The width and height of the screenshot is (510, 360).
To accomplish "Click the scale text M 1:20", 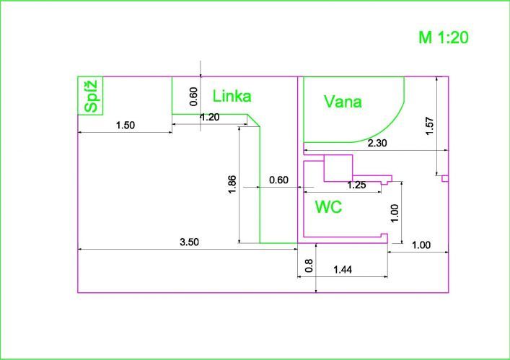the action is (444, 38).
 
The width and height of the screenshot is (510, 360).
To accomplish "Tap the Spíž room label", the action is (91, 96).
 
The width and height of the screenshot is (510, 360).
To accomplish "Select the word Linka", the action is (232, 96).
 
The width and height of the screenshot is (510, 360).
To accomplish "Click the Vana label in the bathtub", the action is (343, 102).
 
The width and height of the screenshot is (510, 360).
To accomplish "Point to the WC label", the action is (328, 207).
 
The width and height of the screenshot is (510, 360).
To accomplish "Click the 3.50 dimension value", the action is (189, 242).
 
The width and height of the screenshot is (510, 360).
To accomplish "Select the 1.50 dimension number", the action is (126, 126).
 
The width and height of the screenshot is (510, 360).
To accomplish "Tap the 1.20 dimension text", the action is (210, 117).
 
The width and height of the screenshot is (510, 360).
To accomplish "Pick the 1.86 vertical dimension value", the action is (232, 185).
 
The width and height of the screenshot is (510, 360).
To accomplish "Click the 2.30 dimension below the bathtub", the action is (377, 143).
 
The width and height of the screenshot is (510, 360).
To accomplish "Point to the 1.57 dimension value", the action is (430, 126).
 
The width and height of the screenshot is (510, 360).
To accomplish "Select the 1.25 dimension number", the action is (357, 185).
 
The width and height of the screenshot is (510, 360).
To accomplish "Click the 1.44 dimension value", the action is (343, 270).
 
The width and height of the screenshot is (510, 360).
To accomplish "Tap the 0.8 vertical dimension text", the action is (309, 265).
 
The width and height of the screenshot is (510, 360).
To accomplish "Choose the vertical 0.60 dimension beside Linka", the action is (193, 97).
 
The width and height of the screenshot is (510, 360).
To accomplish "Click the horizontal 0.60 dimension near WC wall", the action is (278, 180).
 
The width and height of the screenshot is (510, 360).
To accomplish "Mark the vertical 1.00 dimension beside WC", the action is (394, 213).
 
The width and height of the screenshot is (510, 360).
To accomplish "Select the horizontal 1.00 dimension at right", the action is (421, 245).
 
